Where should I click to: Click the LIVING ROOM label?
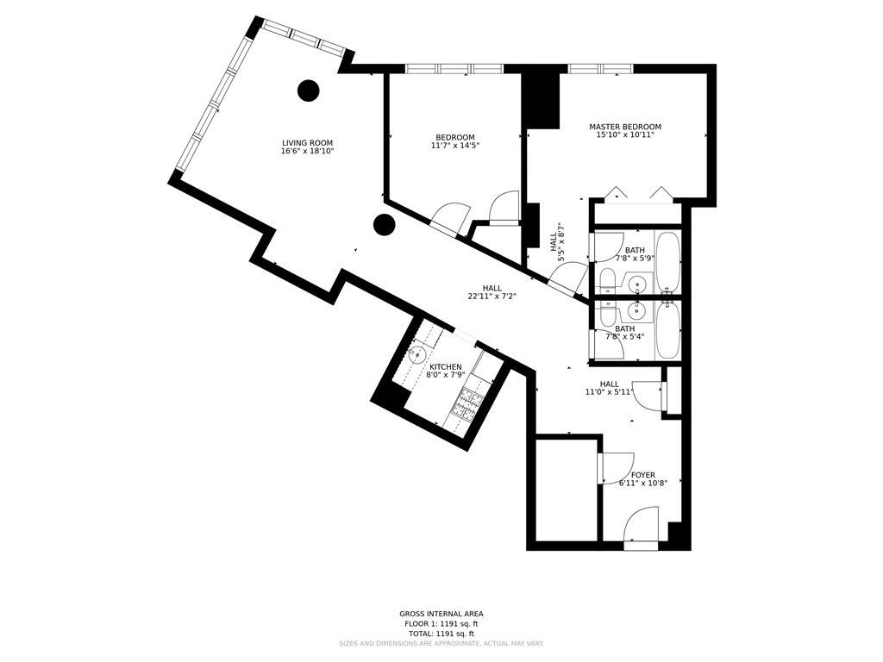307,143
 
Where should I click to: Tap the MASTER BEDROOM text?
625,127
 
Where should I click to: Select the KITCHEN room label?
446,367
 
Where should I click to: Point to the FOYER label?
642,475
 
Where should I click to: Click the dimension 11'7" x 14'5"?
454,147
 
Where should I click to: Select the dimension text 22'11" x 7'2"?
492,297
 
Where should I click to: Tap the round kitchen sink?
418,354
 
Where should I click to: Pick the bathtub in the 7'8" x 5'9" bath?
668,261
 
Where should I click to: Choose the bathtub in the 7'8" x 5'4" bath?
668,329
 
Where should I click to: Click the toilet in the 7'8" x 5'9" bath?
607,280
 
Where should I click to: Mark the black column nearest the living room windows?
308,90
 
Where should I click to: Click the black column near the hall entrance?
384,225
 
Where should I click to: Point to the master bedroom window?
600,69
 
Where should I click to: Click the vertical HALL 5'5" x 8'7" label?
557,242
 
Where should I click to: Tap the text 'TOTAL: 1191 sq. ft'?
441,634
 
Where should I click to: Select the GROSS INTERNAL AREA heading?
441,614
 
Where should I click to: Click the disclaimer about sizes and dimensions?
441,644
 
